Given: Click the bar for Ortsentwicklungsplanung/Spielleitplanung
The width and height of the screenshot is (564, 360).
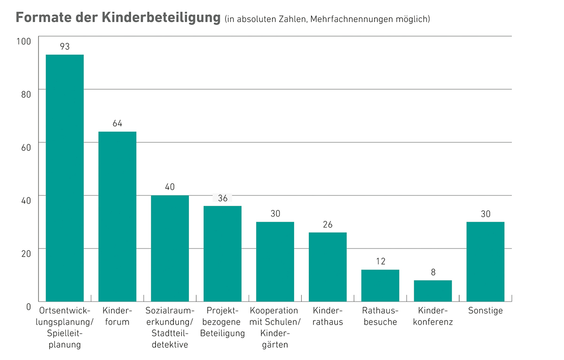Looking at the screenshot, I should click(x=64, y=179).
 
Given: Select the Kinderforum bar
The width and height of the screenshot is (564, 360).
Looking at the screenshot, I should click(x=117, y=217).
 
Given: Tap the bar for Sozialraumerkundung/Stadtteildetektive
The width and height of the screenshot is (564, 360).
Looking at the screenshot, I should click(x=170, y=248).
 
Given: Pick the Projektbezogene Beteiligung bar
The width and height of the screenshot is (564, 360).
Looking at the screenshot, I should click(x=222, y=254).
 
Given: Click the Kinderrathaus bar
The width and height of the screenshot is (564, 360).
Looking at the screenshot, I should click(x=328, y=267).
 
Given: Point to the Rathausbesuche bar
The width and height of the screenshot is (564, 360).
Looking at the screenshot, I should click(x=380, y=286).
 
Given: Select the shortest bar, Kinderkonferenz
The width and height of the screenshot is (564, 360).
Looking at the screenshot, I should click(x=433, y=291).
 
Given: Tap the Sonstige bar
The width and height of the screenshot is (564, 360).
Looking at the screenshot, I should click(x=486, y=262).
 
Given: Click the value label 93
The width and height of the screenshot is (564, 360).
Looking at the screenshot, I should click(x=65, y=47).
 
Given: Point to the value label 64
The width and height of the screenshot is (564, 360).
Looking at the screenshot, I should click(x=117, y=124).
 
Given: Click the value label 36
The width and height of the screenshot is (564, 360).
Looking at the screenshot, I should click(x=223, y=198).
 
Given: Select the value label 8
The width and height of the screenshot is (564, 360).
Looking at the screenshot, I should click(x=433, y=272).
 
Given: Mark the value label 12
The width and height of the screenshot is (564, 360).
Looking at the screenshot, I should click(x=381, y=261).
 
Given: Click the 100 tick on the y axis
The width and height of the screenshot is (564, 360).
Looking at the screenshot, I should click(x=23, y=41).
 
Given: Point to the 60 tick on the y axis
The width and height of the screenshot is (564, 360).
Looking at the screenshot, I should click(x=25, y=147).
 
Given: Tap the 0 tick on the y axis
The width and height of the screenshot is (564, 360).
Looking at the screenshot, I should click(x=28, y=306).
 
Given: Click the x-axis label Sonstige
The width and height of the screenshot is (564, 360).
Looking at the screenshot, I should click(x=486, y=311).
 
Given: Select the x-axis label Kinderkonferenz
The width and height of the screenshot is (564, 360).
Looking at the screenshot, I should click(x=433, y=316).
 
